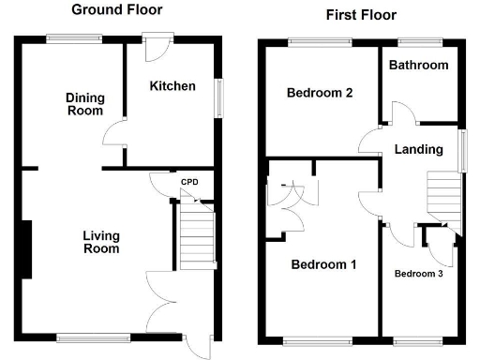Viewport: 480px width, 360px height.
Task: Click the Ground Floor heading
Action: click(117, 9)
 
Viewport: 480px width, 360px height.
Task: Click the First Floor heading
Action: click(361, 15)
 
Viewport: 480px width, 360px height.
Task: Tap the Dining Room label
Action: click(84, 103)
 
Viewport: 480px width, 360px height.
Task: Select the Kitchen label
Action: click(172, 86)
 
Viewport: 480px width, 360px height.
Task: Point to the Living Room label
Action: click(101, 242)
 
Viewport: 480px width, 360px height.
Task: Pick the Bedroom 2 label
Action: click(320, 93)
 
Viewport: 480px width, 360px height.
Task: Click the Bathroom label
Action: click(420, 66)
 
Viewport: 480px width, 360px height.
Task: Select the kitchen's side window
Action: click(220, 97)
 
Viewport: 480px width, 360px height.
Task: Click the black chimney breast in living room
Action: click(29, 248)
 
